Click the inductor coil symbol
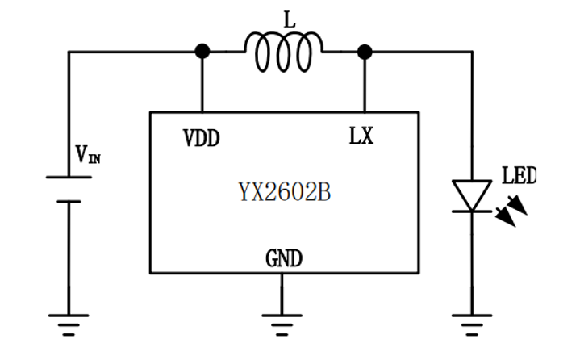click(x=283, y=53)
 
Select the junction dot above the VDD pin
click(x=202, y=52)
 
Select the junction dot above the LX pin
click(x=365, y=52)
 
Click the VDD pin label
click(x=201, y=137)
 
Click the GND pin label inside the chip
click(x=283, y=259)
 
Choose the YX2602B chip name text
click(x=284, y=193)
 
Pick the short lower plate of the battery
click(x=68, y=201)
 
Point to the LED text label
click(x=518, y=175)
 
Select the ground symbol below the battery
click(x=68, y=320)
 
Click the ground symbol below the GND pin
click(x=282, y=320)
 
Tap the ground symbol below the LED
click(x=471, y=320)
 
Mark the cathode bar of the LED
click(x=471, y=211)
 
